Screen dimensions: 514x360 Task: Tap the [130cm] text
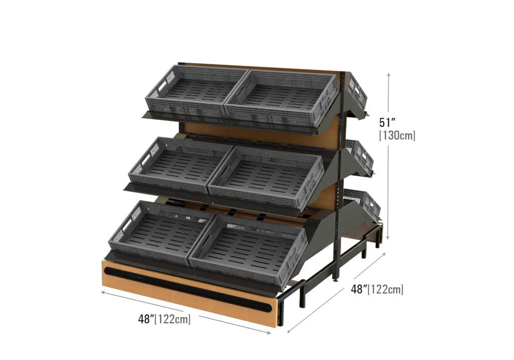pyautogui.click(x=397, y=135)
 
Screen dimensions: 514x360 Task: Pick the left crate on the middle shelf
pyautogui.click(x=180, y=164)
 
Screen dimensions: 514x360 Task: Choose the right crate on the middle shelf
pyautogui.click(x=266, y=180)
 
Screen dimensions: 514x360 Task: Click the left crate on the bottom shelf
pyautogui.click(x=162, y=231)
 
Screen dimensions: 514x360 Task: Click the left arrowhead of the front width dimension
pyautogui.click(x=104, y=292)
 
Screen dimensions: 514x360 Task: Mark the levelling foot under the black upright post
pyautogui.click(x=335, y=279)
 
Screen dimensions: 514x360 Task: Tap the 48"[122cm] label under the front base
pyautogui.click(x=164, y=319)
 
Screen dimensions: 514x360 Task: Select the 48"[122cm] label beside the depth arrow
pyautogui.click(x=377, y=289)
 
